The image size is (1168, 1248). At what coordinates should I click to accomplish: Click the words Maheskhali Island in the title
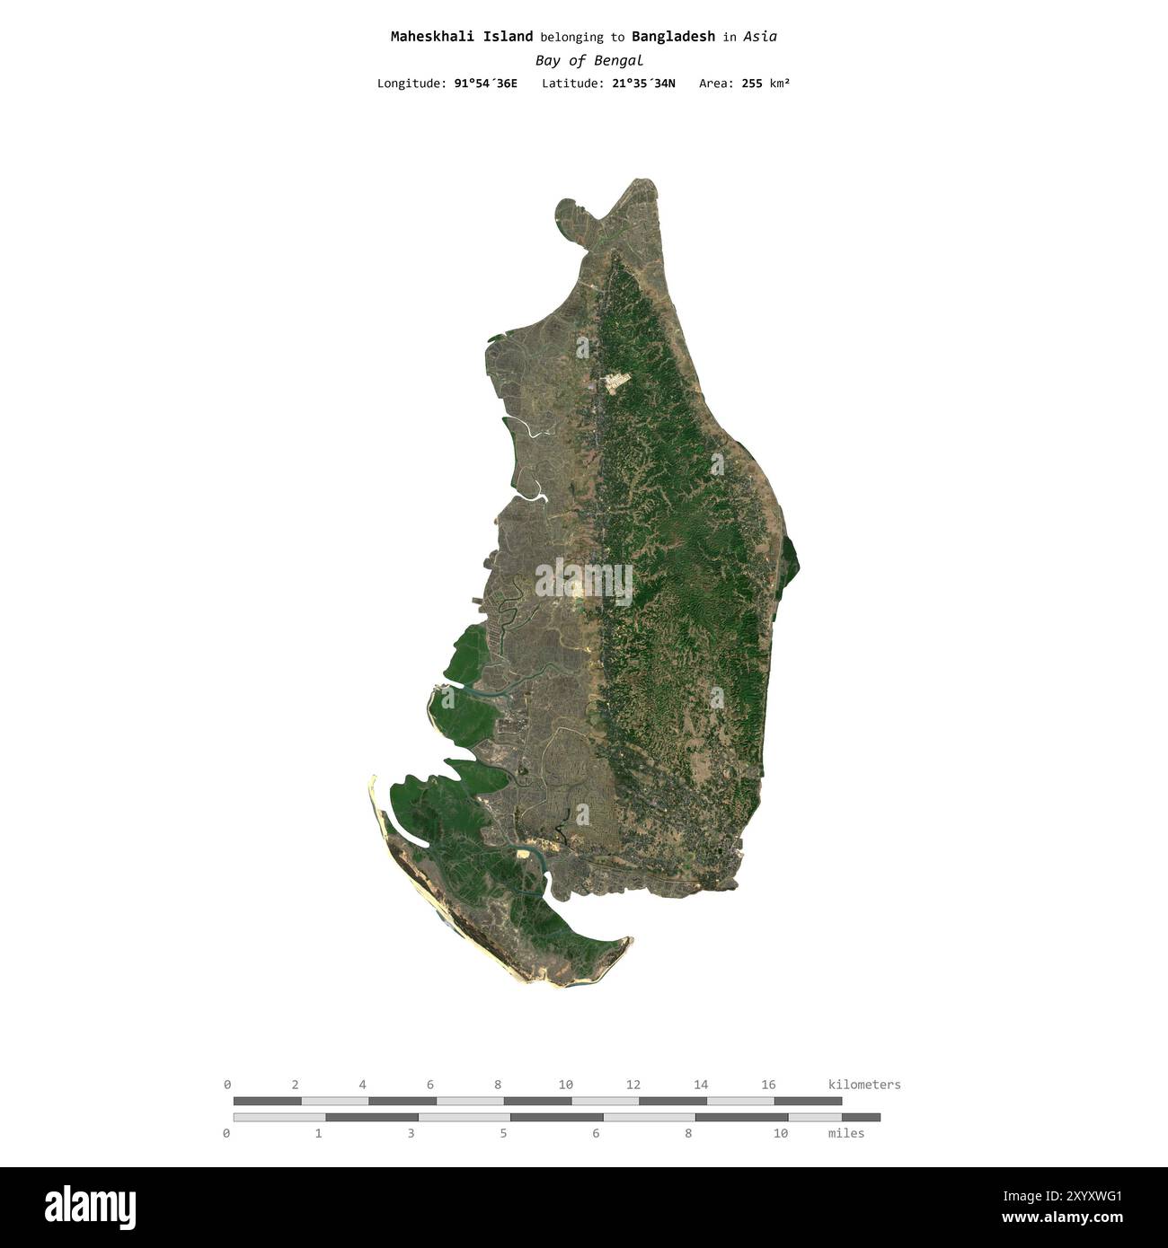[x=461, y=37]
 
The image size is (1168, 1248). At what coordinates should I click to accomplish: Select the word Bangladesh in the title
[x=673, y=37]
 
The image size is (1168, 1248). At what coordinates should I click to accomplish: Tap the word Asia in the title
[x=760, y=37]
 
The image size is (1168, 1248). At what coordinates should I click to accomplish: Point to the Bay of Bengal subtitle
[x=588, y=61]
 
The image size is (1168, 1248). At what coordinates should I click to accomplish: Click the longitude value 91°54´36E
[x=485, y=83]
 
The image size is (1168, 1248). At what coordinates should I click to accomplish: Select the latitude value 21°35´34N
[x=643, y=83]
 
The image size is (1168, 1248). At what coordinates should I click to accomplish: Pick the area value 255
[x=752, y=83]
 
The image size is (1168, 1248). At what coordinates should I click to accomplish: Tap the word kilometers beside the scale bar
[x=863, y=1085]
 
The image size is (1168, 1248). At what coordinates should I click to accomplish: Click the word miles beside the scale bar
[x=845, y=1133]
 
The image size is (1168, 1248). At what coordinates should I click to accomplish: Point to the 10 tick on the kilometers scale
[x=565, y=1085]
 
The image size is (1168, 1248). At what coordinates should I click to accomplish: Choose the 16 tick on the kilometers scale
[x=768, y=1085]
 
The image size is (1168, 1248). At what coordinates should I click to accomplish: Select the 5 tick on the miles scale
[x=503, y=1133]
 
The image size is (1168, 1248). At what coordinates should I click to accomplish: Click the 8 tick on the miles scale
[x=688, y=1133]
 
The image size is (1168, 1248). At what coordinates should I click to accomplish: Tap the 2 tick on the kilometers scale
[x=295, y=1085]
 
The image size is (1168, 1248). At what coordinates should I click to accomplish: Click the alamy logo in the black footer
[x=90, y=1207]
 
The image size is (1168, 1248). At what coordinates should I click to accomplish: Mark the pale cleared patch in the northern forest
[x=617, y=382]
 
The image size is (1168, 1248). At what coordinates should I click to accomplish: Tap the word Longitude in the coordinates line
[x=411, y=83]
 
